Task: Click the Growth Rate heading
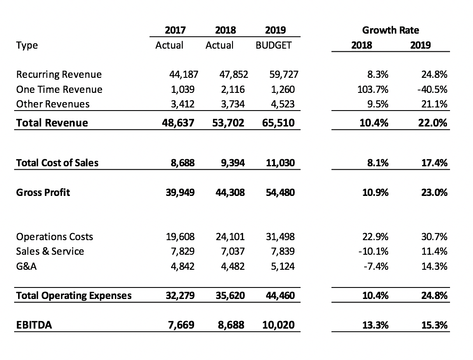(390, 30)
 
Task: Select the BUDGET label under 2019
(273, 45)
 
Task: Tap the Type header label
(27, 46)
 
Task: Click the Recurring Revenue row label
(59, 75)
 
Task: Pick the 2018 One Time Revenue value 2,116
(233, 89)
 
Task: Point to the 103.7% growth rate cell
(373, 89)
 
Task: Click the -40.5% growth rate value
(432, 89)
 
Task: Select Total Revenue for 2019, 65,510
(278, 123)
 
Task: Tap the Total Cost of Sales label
(57, 163)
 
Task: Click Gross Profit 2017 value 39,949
(180, 192)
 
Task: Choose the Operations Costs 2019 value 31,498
(280, 237)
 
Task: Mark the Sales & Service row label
(50, 251)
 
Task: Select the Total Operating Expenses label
(74, 296)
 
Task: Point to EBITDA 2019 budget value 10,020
(278, 325)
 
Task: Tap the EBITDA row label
(34, 325)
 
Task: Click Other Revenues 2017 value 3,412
(183, 104)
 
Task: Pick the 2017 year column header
(175, 30)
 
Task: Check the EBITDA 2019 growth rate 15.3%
(435, 325)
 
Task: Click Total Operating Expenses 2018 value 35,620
(230, 295)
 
